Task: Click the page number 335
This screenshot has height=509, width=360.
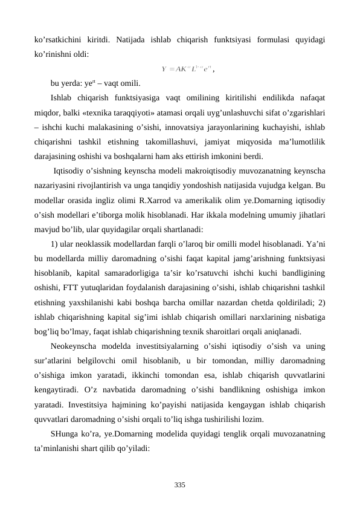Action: (x=179, y=485)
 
